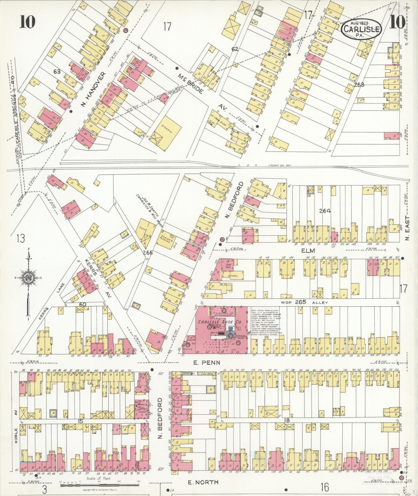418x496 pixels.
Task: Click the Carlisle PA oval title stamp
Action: (362, 29)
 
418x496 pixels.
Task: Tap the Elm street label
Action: (308, 251)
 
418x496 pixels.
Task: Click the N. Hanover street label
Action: (93, 89)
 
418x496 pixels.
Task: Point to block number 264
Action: (325, 211)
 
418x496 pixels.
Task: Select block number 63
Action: (57, 71)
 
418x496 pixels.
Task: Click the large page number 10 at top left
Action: (27, 22)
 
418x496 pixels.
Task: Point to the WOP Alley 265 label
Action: (304, 302)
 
